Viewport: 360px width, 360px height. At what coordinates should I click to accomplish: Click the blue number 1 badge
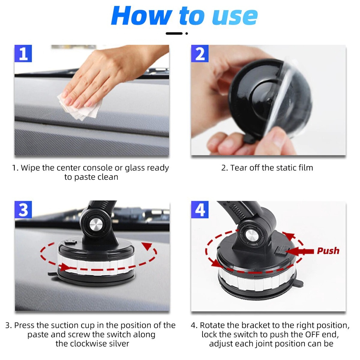coord(23,54)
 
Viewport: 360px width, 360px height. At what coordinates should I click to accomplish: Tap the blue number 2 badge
coord(200,54)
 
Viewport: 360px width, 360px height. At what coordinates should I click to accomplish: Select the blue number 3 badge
coord(23,210)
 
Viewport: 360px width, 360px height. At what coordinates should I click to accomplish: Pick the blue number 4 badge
coord(200,210)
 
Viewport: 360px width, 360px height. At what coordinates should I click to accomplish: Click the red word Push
coord(328,251)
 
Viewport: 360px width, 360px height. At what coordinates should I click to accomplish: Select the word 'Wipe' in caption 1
coord(30,168)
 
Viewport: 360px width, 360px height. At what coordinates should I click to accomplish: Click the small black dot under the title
coord(186,34)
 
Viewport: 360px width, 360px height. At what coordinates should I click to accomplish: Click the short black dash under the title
coord(174,34)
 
